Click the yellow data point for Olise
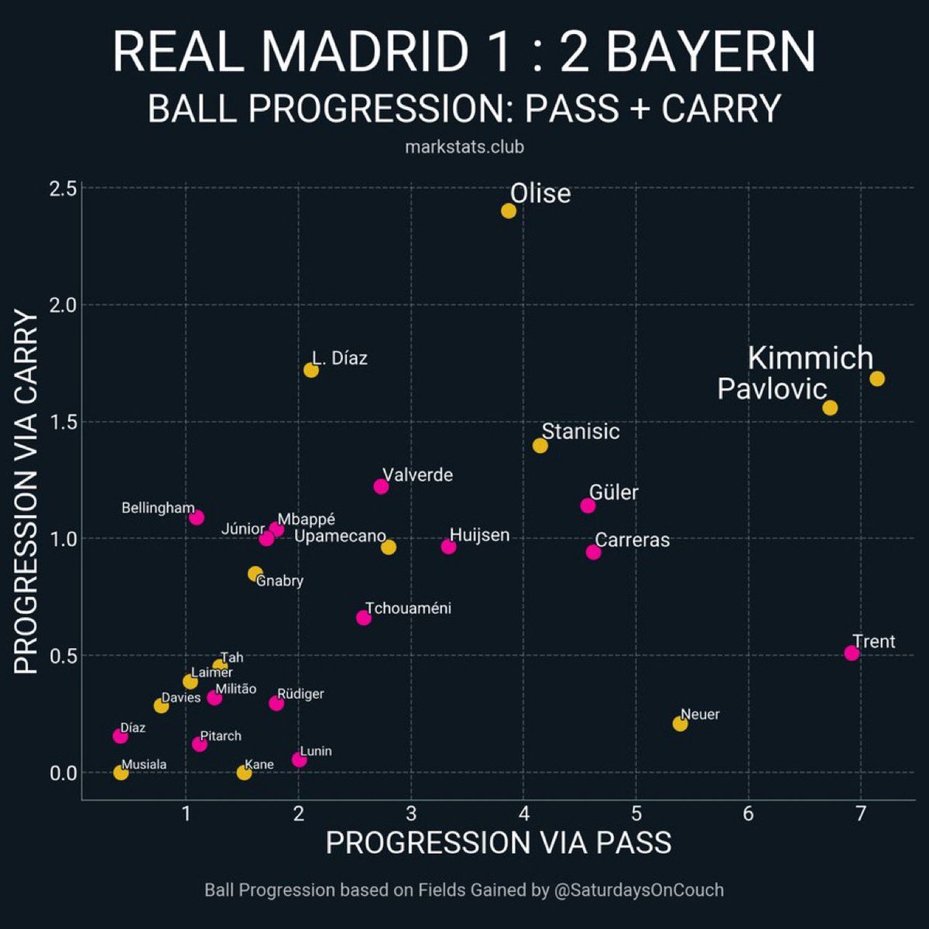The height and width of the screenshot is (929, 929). coord(509,211)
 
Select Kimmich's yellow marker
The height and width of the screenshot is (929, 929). coord(877,379)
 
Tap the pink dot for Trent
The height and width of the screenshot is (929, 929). coord(852,653)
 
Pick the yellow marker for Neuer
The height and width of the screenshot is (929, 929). coord(680,724)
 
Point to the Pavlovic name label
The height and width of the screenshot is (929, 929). coord(772,389)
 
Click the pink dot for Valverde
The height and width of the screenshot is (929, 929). coord(381,486)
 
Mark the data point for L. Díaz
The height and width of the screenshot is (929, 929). coord(311,370)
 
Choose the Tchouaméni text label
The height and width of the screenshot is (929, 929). coord(408,608)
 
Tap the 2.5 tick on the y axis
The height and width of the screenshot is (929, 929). coord(61,189)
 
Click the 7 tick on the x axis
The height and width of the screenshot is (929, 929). coord(861,814)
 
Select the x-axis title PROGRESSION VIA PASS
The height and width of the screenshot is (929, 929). coord(499,843)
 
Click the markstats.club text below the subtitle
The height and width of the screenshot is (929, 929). coord(464,146)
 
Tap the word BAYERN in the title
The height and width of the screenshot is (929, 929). coord(710,53)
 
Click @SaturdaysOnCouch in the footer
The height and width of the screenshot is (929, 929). coord(639,890)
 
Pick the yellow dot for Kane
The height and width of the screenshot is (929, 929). coord(244,772)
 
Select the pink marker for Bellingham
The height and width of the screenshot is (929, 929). coord(197,517)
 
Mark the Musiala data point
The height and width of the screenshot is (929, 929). coord(121,772)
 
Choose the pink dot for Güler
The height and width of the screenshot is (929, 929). coord(588,506)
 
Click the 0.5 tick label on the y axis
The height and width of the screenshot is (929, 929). coord(61,656)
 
